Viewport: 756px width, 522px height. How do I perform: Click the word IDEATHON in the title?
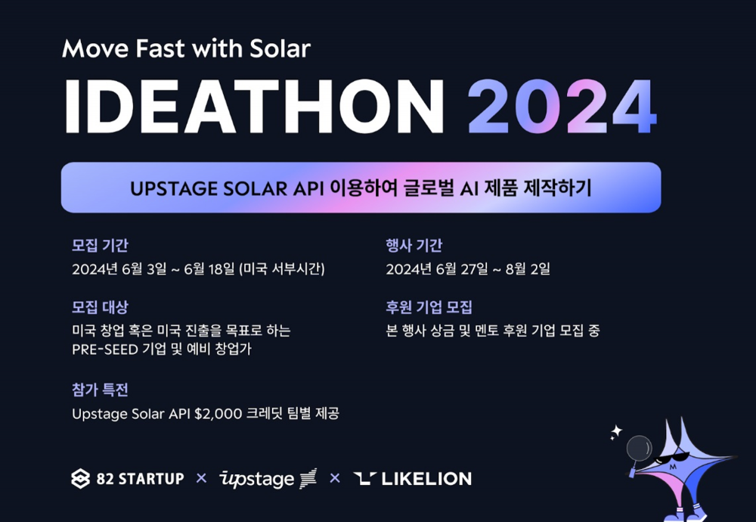253,106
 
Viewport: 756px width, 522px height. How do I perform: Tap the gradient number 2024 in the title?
562,106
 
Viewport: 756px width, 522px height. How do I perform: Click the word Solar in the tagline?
280,48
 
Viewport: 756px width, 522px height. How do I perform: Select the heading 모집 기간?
100,246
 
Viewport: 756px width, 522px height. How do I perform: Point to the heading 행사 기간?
414,246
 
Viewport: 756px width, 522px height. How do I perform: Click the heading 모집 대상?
100,307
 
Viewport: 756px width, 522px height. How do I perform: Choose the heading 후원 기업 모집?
429,307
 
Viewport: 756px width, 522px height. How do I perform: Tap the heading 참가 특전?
100,390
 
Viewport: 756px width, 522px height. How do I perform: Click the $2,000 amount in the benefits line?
218,414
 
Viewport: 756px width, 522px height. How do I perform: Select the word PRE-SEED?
105,350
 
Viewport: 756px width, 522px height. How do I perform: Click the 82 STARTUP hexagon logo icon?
81,479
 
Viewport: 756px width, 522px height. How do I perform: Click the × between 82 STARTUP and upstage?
202,478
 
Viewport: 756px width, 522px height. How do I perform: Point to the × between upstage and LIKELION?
335,478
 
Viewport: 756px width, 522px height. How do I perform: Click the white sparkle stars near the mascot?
615,432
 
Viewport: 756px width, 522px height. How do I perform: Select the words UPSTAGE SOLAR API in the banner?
227,188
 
